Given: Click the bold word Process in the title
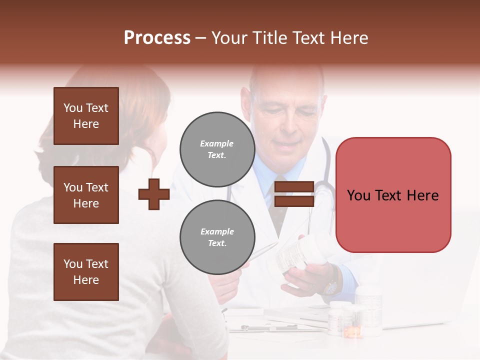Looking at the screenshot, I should (x=157, y=37).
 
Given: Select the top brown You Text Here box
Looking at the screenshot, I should (x=86, y=116).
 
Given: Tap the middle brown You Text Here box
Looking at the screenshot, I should (x=86, y=195).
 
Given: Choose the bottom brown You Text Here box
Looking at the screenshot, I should (x=86, y=272).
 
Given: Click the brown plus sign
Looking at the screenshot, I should (x=153, y=194).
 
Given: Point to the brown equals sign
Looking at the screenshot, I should (x=294, y=194).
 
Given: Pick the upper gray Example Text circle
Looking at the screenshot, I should (x=217, y=149).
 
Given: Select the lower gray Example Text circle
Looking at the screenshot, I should (x=217, y=237).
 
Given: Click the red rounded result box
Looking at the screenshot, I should (x=393, y=194).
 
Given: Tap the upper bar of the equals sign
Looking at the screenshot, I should (x=294, y=187).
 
